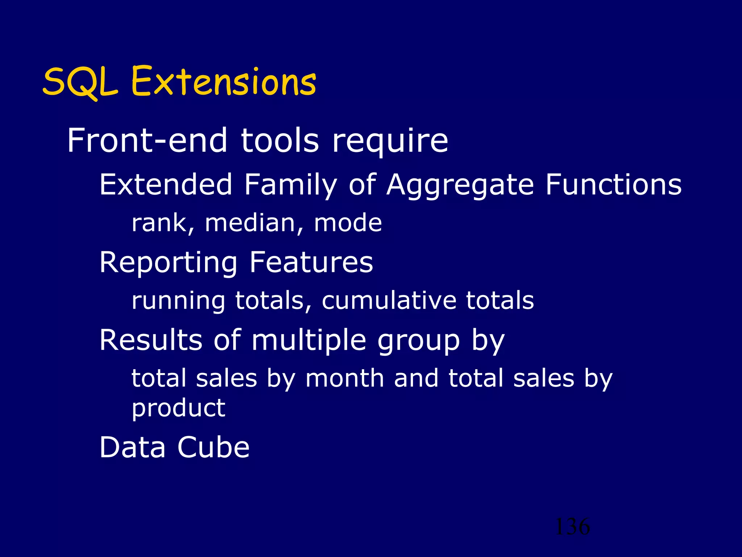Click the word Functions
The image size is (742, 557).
tap(613, 184)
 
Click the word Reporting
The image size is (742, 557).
tap(168, 263)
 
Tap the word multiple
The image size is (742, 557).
tap(309, 341)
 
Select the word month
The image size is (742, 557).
tap(345, 379)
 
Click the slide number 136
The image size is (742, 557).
tap(572, 527)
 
